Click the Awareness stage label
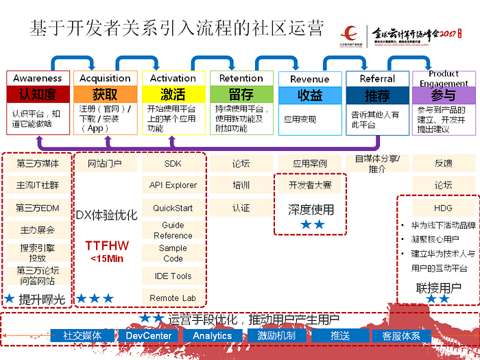click(38, 78)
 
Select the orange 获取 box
click(105, 94)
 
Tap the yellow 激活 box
click(173, 94)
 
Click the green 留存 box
click(241, 94)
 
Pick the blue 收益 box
click(309, 95)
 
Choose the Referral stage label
click(377, 78)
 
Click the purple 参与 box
click(444, 95)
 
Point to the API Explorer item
click(173, 185)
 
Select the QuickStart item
click(173, 208)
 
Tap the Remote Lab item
click(173, 298)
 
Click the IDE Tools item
click(173, 276)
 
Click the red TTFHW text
click(106, 245)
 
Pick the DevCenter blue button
click(149, 335)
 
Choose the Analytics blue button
click(213, 335)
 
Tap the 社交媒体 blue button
click(82, 335)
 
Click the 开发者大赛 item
click(311, 185)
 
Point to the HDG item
click(443, 208)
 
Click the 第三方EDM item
click(38, 208)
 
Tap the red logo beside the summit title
click(350, 33)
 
